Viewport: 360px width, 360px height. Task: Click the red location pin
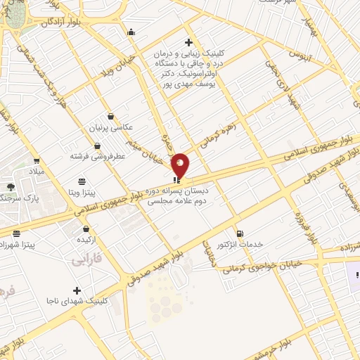tap(181, 165)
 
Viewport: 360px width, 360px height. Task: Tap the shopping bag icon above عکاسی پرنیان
tap(110, 117)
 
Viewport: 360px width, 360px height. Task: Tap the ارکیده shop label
tap(86, 240)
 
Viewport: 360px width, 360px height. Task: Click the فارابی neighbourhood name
tap(86, 261)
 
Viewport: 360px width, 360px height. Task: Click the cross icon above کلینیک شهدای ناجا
tap(77, 290)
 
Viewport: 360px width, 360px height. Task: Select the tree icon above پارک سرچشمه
tap(11, 187)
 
